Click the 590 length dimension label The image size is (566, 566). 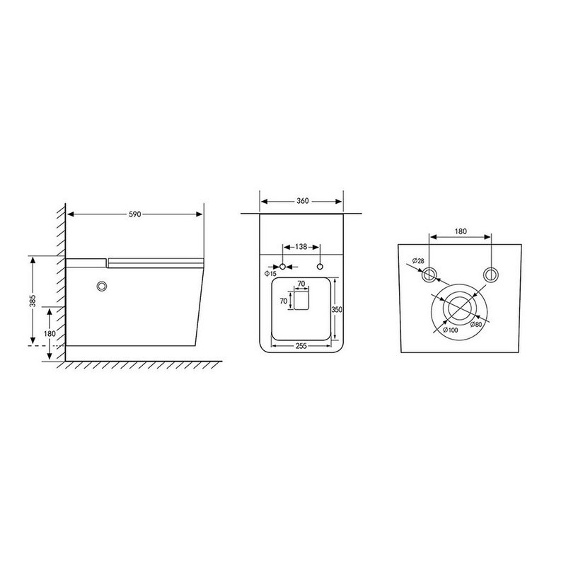pos(134,214)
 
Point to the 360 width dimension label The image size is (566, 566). pos(302,202)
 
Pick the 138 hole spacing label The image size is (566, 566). pos(301,248)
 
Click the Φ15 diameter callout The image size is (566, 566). pos(270,273)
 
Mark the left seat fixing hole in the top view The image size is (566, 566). pos(284,267)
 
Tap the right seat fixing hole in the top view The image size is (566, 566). pos(320,267)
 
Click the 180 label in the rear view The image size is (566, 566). pos(461,231)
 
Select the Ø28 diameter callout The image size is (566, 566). pos(419,261)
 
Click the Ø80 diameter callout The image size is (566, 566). pos(475,325)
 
